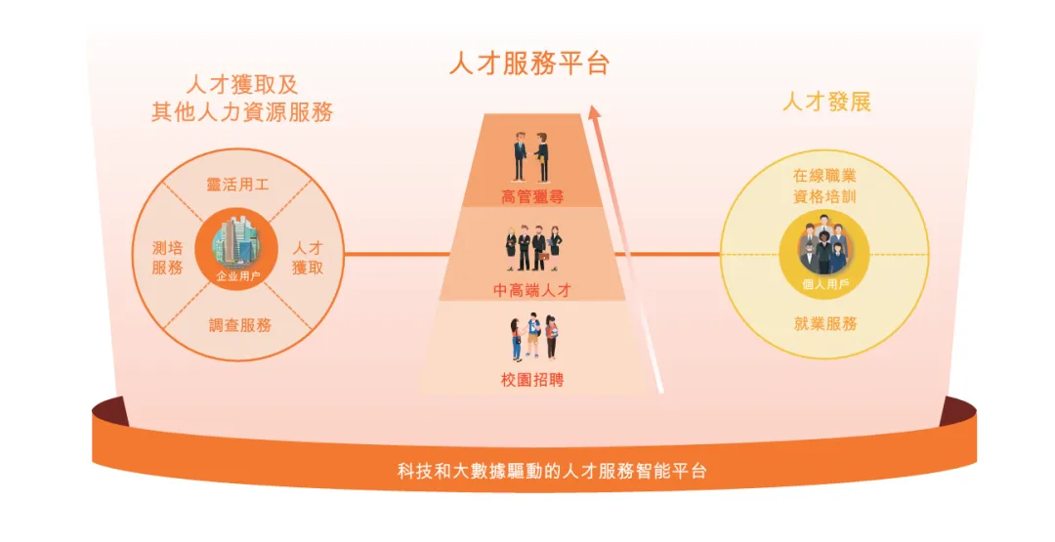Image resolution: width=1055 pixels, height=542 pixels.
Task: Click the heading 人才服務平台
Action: (x=528, y=64)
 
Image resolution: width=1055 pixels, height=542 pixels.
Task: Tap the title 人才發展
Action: (x=826, y=102)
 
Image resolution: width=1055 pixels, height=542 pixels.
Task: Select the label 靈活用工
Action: (x=237, y=184)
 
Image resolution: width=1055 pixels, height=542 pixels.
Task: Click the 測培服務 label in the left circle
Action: (x=167, y=258)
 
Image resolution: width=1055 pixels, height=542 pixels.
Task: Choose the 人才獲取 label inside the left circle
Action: (x=308, y=258)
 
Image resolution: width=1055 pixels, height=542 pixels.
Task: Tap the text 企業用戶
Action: (x=238, y=276)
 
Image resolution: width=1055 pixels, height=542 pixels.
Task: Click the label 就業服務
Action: (x=825, y=323)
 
